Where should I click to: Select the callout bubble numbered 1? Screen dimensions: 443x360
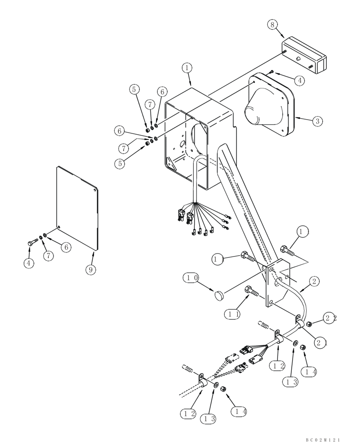pyautogui.click(x=187, y=68)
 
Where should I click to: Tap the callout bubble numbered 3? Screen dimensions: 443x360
pyautogui.click(x=317, y=121)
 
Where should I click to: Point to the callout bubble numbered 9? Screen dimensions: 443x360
pyautogui.click(x=90, y=269)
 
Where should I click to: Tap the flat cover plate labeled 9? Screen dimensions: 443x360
pyautogui.click(x=78, y=206)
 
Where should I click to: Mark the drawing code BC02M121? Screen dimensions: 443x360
pyautogui.click(x=322, y=439)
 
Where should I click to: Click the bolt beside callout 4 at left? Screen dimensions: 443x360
pyautogui.click(x=33, y=243)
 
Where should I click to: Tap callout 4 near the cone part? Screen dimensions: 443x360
pyautogui.click(x=300, y=80)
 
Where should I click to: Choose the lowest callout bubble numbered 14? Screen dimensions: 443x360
pyautogui.click(x=239, y=412)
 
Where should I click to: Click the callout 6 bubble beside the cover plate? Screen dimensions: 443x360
pyautogui.click(x=66, y=247)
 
